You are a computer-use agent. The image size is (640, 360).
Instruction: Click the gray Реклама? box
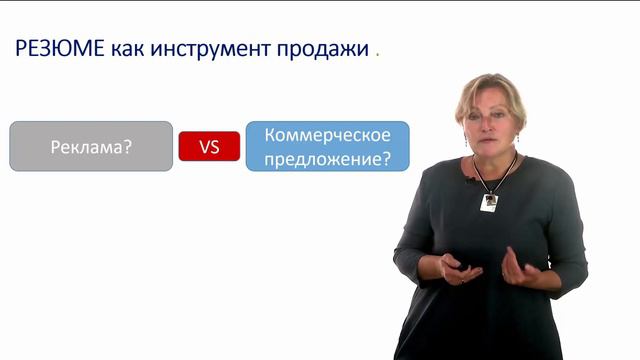pyautogui.click(x=91, y=146)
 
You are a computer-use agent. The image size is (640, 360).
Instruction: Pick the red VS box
pyautogui.click(x=209, y=146)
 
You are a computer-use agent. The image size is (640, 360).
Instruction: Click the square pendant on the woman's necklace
pyautogui.click(x=489, y=202)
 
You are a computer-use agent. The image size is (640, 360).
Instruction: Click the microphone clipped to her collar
pyautogui.click(x=468, y=180)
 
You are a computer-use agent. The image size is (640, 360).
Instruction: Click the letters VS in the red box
pyautogui.click(x=209, y=147)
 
